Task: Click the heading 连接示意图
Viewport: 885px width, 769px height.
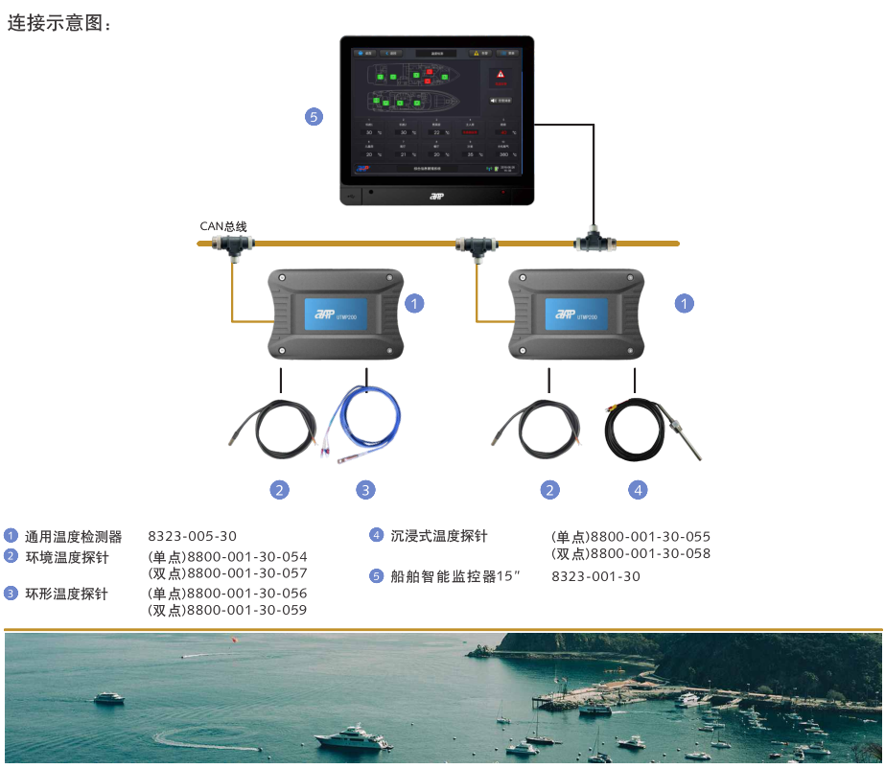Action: [x=59, y=23]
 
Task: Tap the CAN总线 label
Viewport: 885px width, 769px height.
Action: [x=222, y=226]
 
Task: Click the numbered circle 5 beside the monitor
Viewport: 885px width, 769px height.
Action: [x=314, y=117]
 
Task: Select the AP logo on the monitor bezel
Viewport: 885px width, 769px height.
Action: [x=436, y=196]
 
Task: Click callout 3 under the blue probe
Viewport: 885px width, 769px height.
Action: [x=365, y=490]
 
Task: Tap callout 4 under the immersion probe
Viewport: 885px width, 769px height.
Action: [x=638, y=490]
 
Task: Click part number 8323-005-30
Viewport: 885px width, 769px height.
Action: [x=192, y=537]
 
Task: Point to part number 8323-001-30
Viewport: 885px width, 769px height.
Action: [x=595, y=576]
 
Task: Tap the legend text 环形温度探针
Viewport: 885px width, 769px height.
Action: [x=66, y=594]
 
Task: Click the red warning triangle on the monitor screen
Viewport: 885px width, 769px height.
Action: [x=500, y=74]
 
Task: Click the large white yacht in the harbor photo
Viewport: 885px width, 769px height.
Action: [x=353, y=738]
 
